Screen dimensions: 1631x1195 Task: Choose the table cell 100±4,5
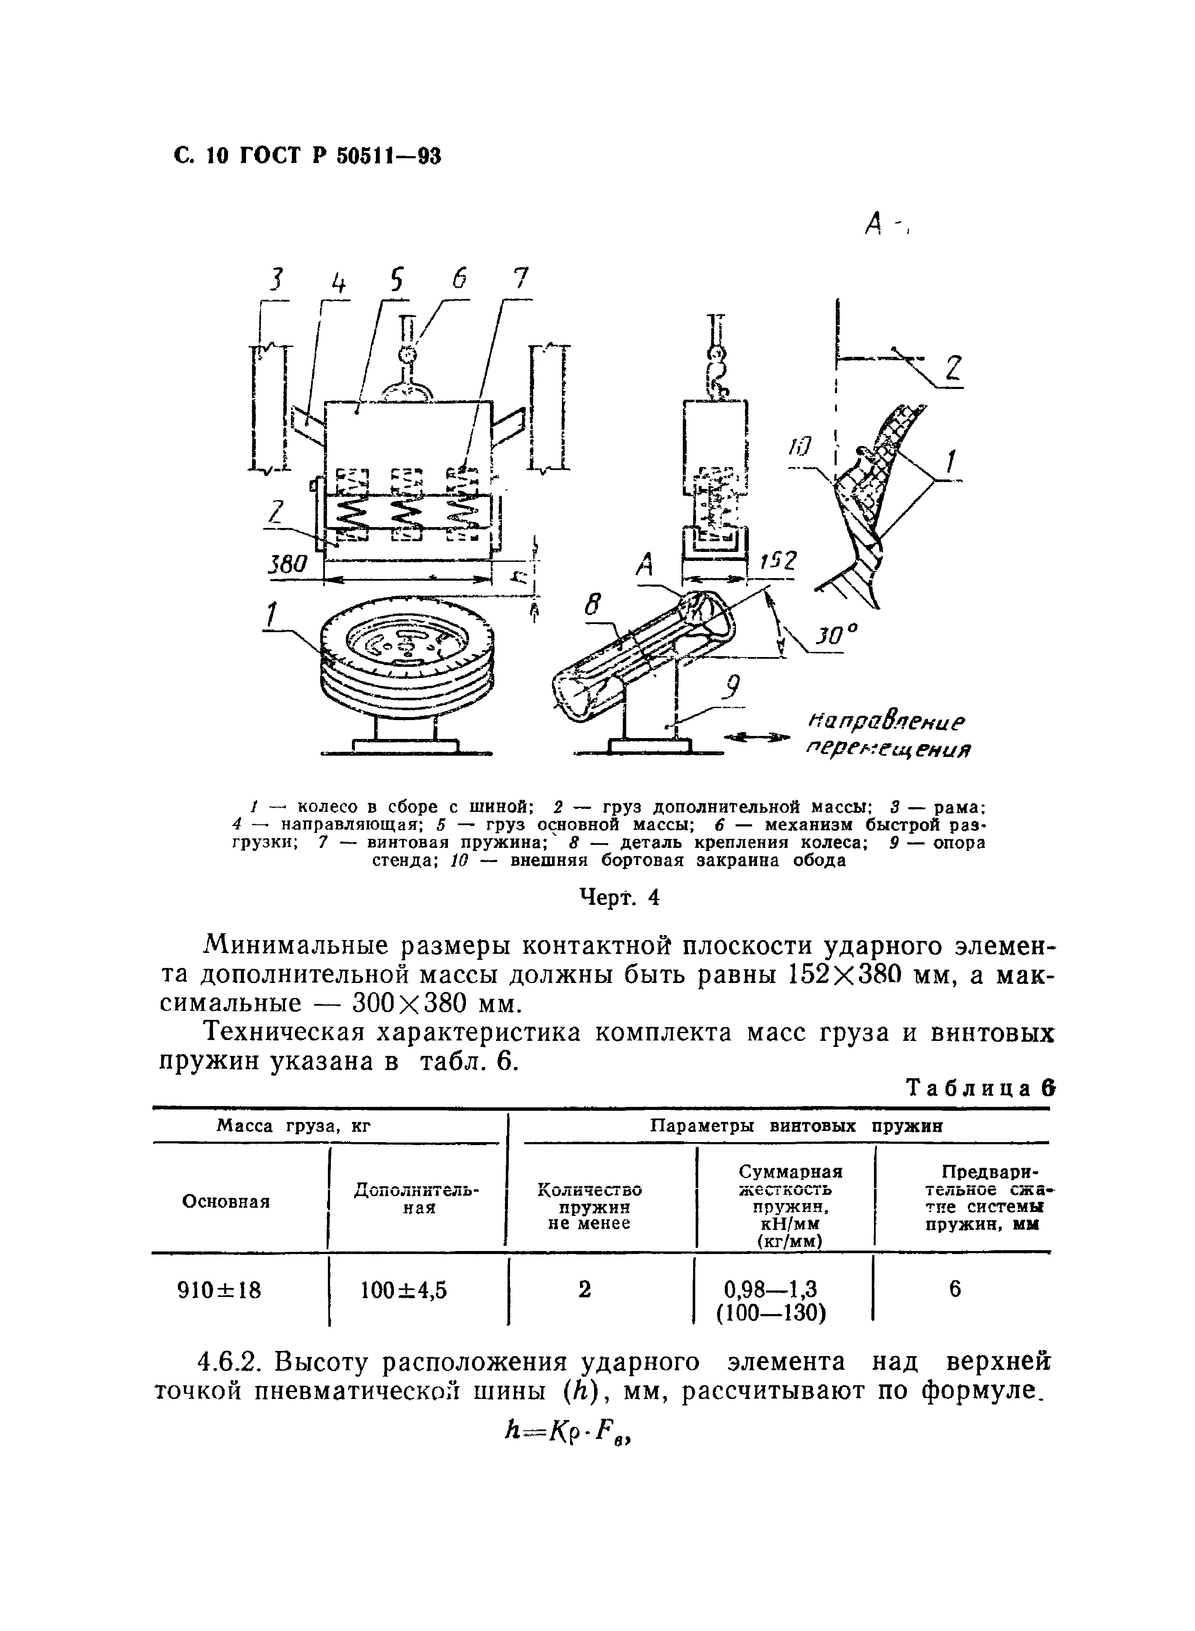pos(404,1290)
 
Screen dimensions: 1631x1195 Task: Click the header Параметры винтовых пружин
pos(797,1126)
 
